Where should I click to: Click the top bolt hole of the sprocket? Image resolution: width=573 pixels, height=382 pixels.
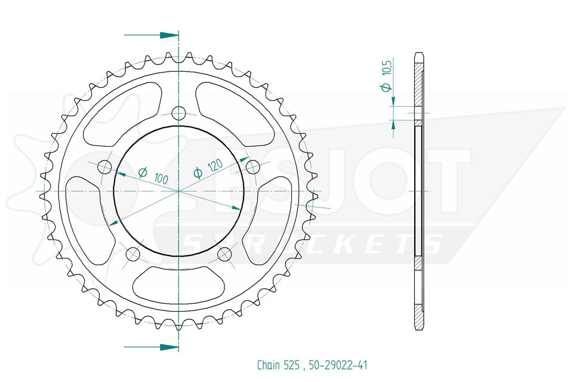[178, 113]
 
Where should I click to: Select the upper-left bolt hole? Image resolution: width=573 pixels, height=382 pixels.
[105, 167]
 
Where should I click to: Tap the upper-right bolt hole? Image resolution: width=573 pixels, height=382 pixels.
[253, 167]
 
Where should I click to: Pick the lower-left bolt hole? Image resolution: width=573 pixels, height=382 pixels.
[133, 254]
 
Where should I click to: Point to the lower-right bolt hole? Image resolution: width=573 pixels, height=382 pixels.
[225, 254]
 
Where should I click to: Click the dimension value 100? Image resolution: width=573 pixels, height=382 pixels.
[161, 178]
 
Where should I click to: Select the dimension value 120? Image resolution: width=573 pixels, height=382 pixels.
[215, 167]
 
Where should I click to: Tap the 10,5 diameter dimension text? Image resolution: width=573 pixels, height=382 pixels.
[387, 67]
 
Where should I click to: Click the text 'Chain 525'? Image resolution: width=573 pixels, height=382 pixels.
[279, 365]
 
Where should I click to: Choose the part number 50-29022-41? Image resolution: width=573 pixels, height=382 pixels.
[338, 365]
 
